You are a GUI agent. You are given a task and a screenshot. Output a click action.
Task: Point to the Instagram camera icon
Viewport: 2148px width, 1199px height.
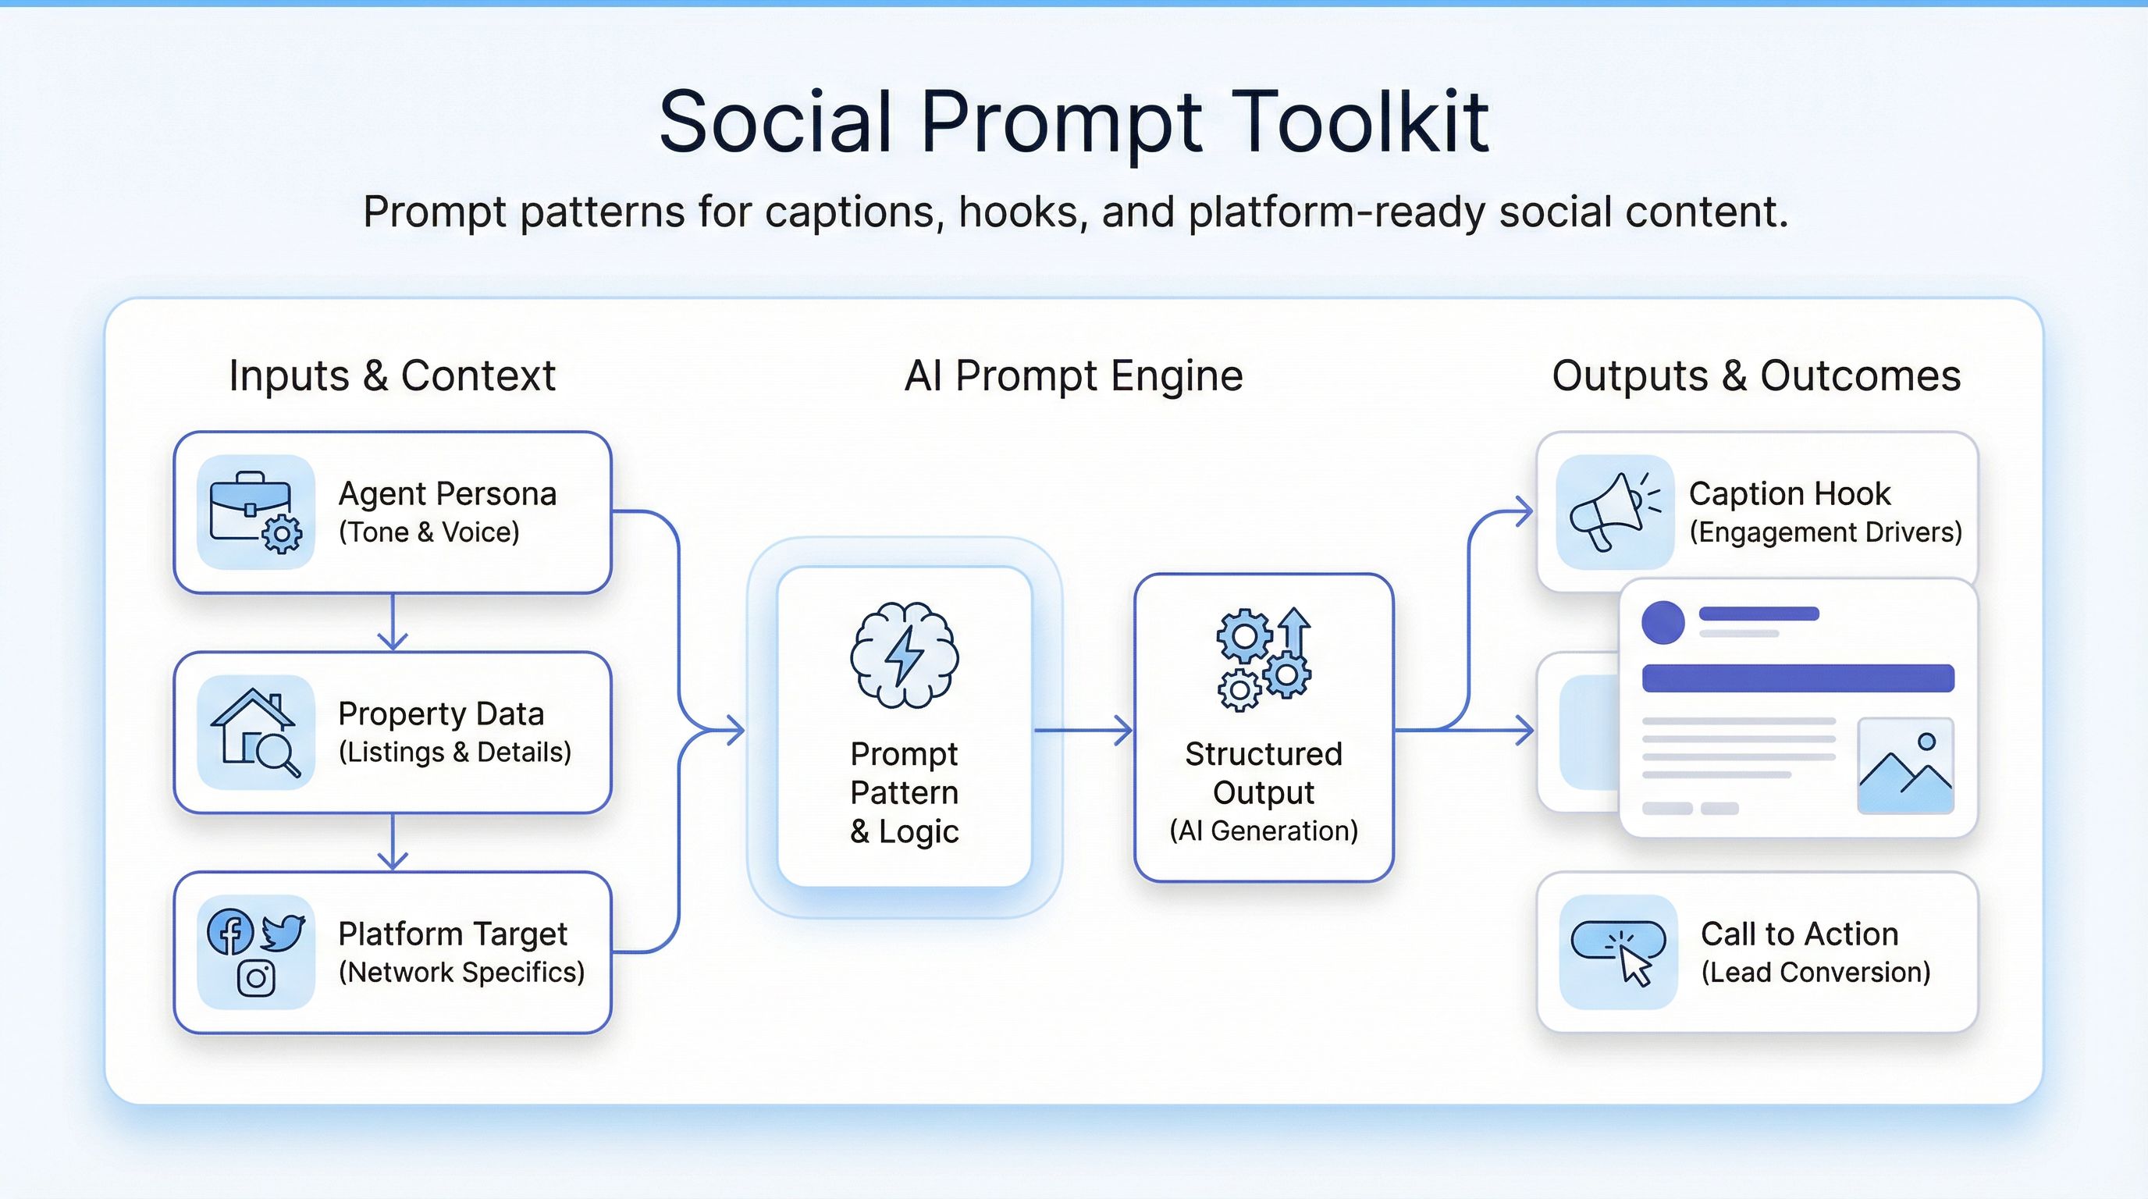(256, 978)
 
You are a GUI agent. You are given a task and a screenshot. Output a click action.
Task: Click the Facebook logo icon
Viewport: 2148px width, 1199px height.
(230, 932)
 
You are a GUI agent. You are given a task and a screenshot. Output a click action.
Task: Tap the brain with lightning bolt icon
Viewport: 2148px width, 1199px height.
(904, 656)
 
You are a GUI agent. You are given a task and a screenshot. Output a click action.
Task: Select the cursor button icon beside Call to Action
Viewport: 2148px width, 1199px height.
(1619, 952)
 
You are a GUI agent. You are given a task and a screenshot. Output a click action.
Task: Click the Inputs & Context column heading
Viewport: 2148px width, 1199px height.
(392, 375)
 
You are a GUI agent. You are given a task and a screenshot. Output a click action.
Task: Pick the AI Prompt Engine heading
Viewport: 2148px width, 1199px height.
(1073, 375)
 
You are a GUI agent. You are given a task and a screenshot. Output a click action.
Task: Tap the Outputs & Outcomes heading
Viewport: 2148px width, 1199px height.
(1756, 375)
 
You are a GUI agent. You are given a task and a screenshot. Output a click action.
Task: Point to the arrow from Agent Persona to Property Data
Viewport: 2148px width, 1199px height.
(392, 624)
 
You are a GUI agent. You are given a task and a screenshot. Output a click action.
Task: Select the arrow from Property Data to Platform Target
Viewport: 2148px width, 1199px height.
(392, 843)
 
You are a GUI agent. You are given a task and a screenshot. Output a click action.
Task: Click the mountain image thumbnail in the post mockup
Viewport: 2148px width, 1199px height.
(1905, 766)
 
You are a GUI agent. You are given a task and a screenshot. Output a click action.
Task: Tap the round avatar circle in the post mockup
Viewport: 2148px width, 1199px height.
(1663, 622)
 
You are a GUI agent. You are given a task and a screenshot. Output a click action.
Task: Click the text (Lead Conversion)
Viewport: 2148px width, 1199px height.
(1815, 972)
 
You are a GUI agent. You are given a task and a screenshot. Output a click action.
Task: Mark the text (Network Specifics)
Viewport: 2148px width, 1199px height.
(461, 972)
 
